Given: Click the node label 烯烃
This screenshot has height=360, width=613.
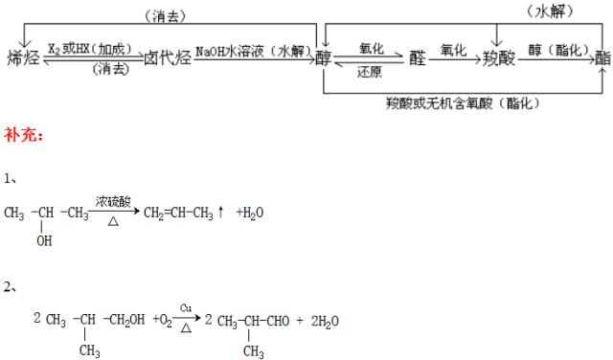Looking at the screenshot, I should click(x=25, y=56).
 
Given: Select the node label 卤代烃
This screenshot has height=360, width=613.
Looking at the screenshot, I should click(x=168, y=56).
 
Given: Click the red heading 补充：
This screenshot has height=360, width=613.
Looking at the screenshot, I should click(x=23, y=135).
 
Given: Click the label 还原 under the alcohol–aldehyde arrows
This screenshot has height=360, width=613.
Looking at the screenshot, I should click(x=370, y=71).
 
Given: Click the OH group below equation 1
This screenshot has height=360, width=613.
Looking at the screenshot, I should click(x=44, y=241).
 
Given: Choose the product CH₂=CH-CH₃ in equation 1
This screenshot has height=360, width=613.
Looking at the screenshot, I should click(x=179, y=213).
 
